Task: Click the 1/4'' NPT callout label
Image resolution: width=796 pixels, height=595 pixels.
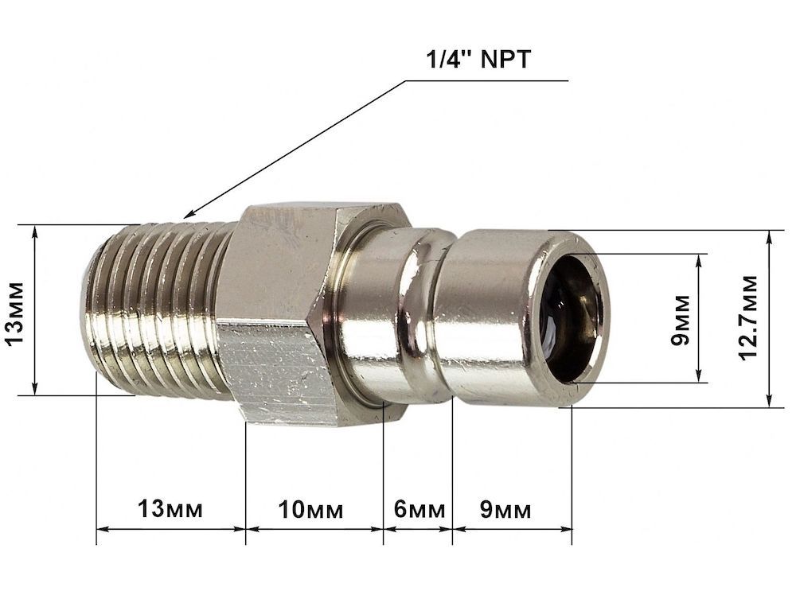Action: pos(478,60)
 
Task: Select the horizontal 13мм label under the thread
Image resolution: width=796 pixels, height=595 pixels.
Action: pos(170,509)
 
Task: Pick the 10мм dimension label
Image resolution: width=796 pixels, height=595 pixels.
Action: pos(310,509)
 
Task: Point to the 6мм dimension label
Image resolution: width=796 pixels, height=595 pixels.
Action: pos(419,509)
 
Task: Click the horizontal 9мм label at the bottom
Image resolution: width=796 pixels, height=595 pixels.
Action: pos(505,509)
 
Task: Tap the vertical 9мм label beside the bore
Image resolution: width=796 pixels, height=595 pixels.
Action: pos(681,320)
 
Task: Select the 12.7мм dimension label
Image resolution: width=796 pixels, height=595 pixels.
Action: pos(747,318)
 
